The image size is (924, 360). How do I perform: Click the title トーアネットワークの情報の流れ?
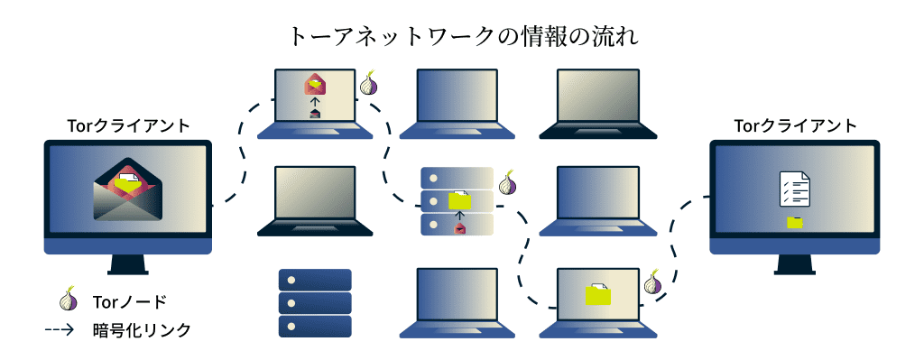click(462, 35)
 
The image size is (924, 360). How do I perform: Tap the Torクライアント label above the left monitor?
click(129, 125)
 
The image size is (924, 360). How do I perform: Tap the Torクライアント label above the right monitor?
click(795, 125)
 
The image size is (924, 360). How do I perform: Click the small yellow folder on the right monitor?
click(795, 222)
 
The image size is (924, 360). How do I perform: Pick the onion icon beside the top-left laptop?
click(369, 85)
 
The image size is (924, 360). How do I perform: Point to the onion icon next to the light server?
click(508, 183)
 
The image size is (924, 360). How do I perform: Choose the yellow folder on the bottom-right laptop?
click(597, 293)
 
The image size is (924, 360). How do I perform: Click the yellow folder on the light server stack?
click(460, 199)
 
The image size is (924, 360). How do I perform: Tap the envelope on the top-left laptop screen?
click(314, 85)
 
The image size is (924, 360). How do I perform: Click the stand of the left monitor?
click(127, 264)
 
